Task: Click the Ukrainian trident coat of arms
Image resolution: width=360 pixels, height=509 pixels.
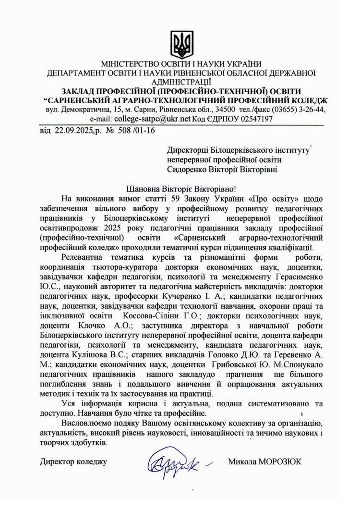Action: click(x=182, y=44)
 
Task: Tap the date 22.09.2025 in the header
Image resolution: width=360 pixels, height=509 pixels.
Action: click(x=72, y=130)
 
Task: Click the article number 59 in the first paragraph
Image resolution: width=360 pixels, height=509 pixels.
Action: click(x=164, y=198)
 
